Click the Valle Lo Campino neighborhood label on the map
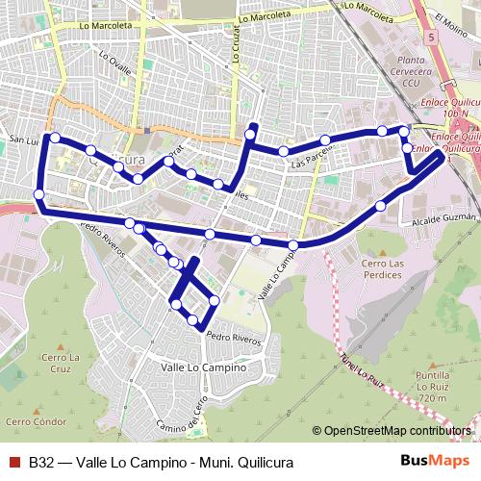(204, 367)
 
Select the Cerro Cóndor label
(35, 421)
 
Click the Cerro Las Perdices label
(385, 268)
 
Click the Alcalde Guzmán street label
(443, 220)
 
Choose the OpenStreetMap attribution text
(397, 430)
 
